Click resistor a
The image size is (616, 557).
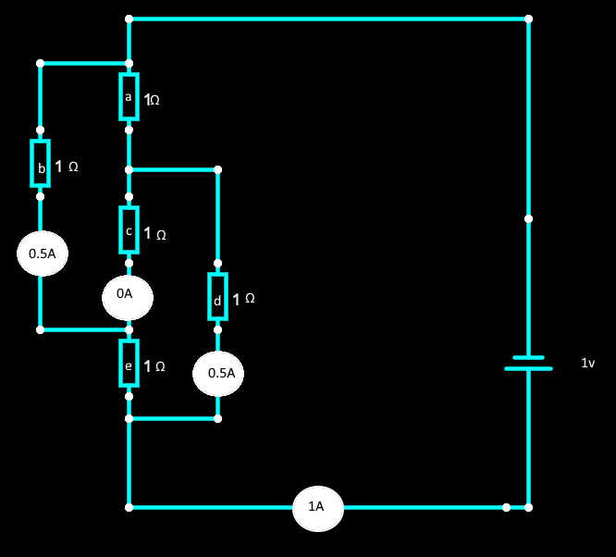[x=129, y=97]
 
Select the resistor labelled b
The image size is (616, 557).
[x=40, y=164]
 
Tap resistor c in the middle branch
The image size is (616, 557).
[x=129, y=229]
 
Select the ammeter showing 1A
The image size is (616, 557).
[x=316, y=507]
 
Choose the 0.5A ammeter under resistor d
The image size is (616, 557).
[x=221, y=374]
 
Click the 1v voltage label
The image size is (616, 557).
[x=587, y=365]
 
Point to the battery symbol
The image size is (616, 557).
[x=528, y=363]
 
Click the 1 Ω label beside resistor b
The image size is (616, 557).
[x=67, y=167]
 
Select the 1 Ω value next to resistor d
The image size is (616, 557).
[x=243, y=300]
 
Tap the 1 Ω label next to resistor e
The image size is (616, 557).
[x=154, y=367]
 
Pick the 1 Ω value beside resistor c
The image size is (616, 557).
[x=154, y=234]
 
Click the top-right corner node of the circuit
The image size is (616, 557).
[x=528, y=19]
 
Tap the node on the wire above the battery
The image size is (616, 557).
[x=528, y=219]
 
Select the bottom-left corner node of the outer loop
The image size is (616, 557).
[x=129, y=507]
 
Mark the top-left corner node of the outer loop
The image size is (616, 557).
[x=129, y=19]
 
